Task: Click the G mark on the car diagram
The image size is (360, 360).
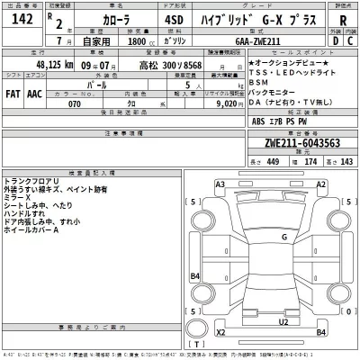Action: coord(283,236)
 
